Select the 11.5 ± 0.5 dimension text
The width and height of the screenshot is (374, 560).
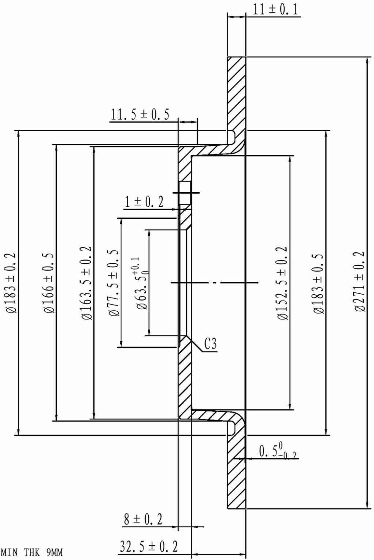[x=140, y=115]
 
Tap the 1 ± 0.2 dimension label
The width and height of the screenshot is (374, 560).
[x=144, y=202]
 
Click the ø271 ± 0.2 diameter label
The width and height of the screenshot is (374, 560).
[x=360, y=281]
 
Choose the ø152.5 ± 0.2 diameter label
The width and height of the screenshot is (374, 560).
[x=283, y=283]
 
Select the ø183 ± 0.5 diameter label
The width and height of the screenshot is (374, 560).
[x=318, y=283]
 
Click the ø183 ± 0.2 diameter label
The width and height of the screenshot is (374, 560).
[x=11, y=283]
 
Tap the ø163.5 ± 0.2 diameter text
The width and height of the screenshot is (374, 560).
[x=86, y=283]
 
